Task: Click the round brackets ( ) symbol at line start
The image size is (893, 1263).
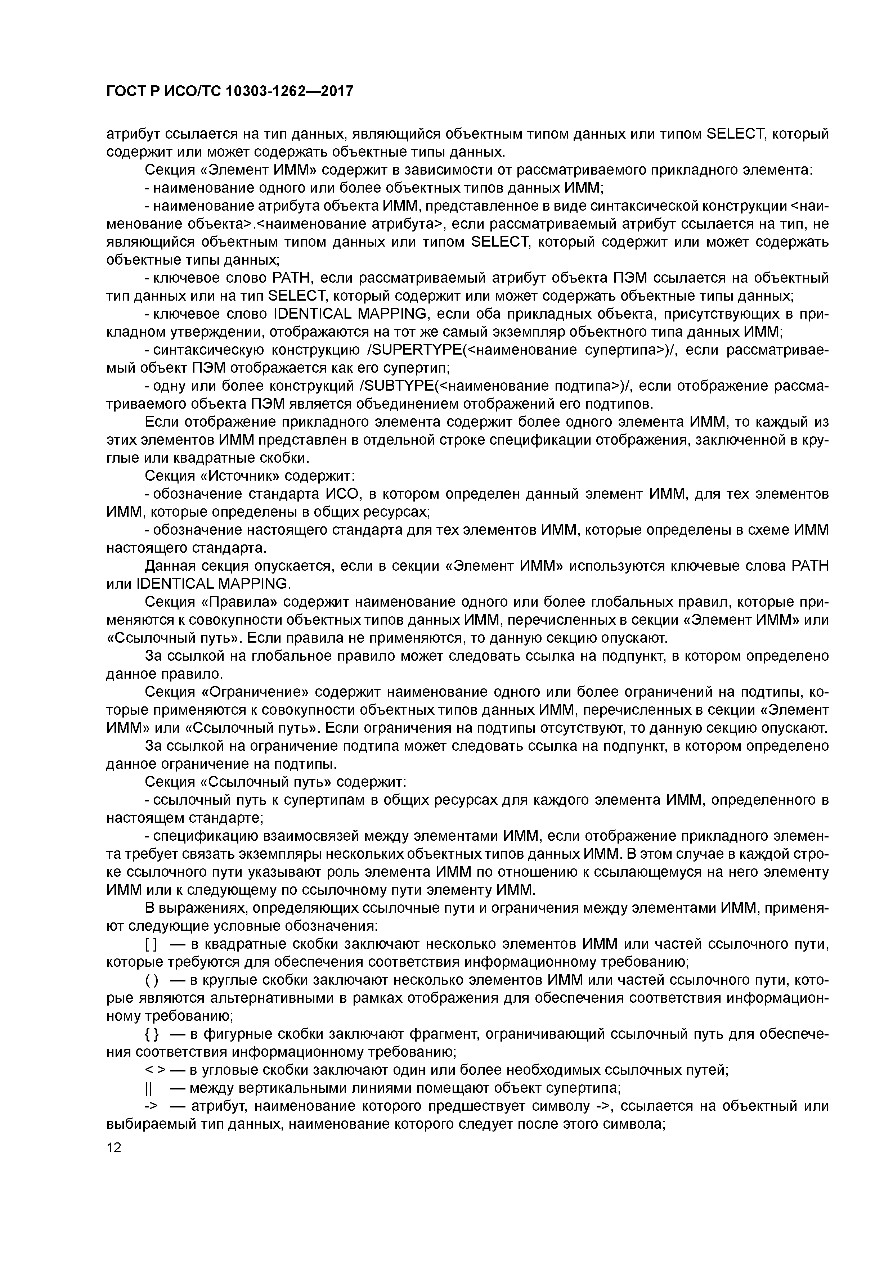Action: coord(151,981)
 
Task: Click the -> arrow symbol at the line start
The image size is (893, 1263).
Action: coord(151,1106)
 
